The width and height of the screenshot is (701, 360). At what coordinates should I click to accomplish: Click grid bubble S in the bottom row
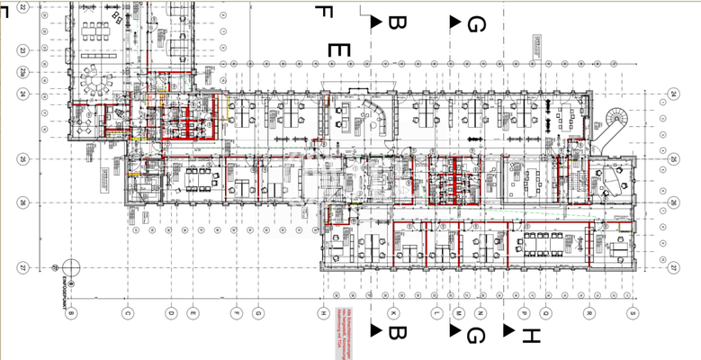click(634, 313)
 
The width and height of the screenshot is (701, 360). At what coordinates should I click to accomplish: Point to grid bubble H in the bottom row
click(322, 313)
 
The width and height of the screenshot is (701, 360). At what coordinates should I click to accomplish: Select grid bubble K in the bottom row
click(393, 313)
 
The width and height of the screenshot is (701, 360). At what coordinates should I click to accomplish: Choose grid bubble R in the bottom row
click(588, 313)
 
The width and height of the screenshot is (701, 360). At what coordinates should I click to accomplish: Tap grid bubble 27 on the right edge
click(672, 267)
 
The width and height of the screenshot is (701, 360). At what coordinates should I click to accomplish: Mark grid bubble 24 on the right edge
click(672, 94)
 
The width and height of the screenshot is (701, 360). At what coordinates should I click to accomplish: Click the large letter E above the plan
click(337, 50)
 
